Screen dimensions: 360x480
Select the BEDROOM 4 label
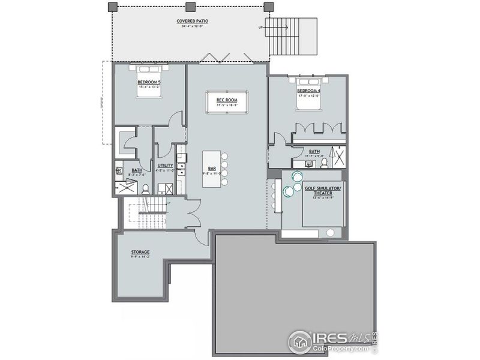309,91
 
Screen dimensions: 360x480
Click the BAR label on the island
211,169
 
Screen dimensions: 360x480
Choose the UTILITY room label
166,165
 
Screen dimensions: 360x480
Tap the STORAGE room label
140,252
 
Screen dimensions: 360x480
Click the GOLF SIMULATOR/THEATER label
323,190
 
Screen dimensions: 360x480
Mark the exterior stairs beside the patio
292,34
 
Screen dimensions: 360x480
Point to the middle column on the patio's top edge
190,7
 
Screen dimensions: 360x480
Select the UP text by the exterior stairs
260,28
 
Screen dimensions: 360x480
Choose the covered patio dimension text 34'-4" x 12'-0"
189,26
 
